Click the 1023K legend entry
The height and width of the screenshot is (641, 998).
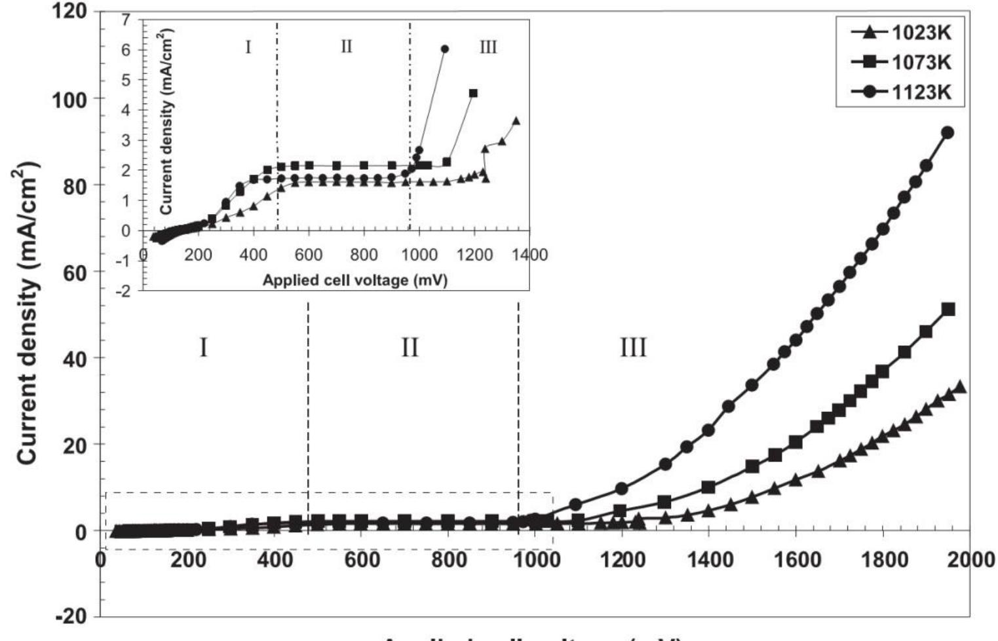900,32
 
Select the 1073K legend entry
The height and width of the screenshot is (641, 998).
900,62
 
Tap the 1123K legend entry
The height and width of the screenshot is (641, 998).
900,92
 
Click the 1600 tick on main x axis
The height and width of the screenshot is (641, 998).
796,560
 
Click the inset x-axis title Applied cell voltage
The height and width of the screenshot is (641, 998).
355,280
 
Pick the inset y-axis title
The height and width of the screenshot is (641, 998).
166,121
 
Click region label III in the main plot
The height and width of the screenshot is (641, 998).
633,347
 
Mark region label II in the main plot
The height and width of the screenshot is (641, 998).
410,347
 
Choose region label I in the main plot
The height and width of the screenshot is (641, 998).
203,347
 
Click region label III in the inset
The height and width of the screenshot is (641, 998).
488,47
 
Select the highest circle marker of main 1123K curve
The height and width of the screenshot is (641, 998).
947,132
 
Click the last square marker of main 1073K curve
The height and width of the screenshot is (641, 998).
948,309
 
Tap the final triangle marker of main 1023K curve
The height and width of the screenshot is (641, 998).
961,386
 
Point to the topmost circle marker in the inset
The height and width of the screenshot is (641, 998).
445,49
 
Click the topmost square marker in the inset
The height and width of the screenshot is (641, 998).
473,94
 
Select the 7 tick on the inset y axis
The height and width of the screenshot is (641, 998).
125,19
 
